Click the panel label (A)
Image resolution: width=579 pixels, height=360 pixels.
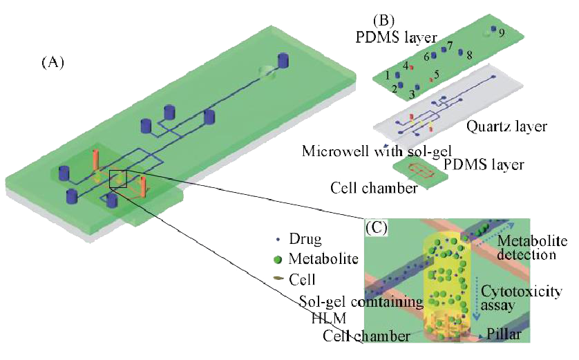pyautogui.click(x=53, y=63)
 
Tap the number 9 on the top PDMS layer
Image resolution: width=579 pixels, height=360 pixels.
pyautogui.click(x=503, y=32)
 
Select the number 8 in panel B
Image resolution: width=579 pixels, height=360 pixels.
pyautogui.click(x=469, y=54)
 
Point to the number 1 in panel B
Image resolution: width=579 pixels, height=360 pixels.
pyautogui.click(x=388, y=74)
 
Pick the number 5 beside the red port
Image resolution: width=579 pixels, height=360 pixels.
pyautogui.click(x=436, y=73)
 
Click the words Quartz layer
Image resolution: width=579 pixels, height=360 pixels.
pyautogui.click(x=507, y=126)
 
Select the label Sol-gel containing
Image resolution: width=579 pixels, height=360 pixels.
pyautogui.click(x=361, y=302)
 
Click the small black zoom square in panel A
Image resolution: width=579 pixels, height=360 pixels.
pyautogui.click(x=117, y=179)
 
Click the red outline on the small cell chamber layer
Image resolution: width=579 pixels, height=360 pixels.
pyautogui.click(x=419, y=170)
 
